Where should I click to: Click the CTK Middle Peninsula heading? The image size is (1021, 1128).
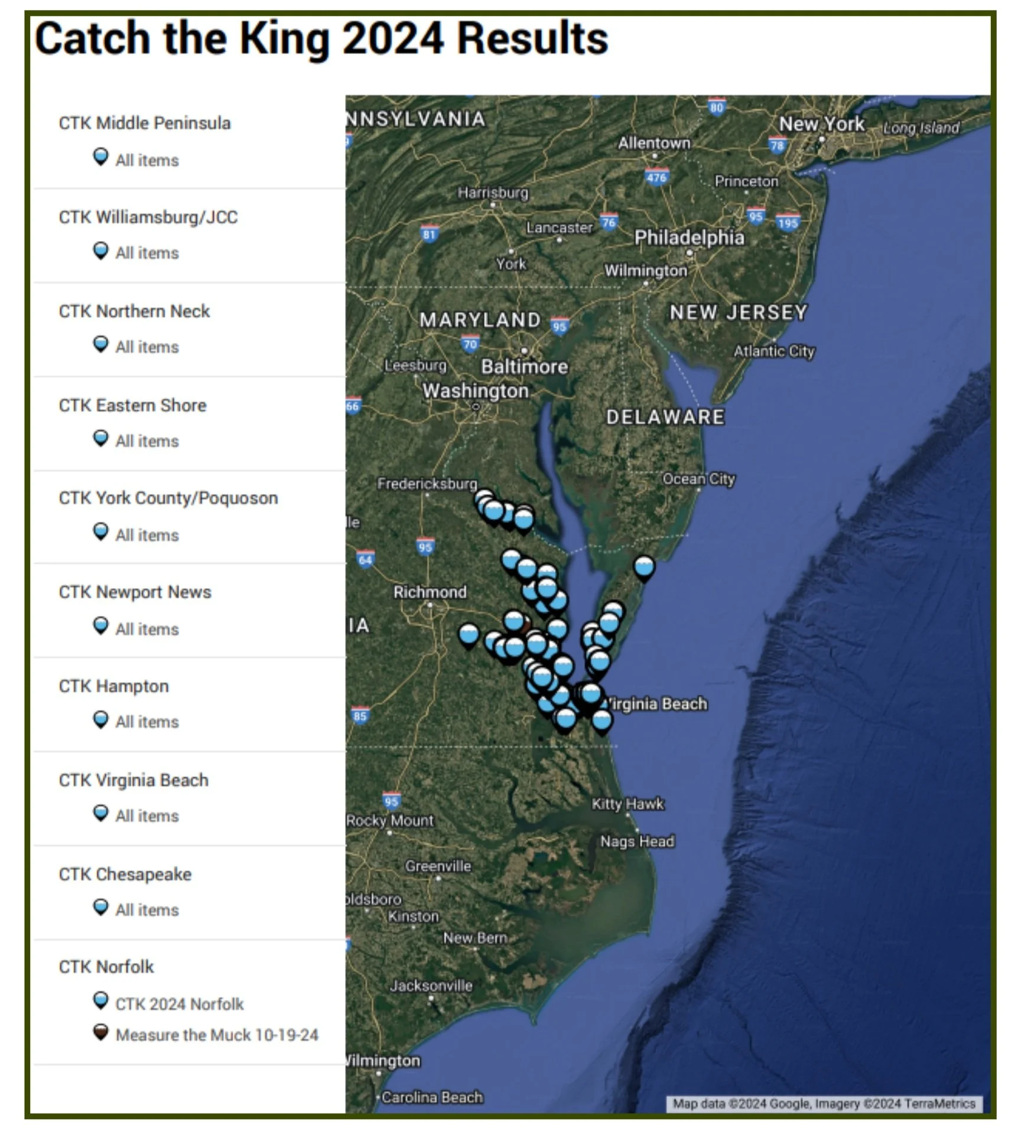[x=144, y=123]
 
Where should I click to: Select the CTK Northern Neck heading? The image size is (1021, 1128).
[x=134, y=311]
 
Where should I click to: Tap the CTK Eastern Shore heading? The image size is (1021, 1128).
[x=132, y=405]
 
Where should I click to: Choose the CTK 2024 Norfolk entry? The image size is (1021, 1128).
[x=179, y=1004]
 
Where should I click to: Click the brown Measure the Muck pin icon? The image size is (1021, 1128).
[x=101, y=1032]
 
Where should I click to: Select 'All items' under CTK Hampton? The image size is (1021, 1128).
[x=147, y=722]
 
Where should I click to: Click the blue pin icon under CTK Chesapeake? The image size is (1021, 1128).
[x=101, y=907]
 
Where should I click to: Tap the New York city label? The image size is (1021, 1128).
[x=821, y=124]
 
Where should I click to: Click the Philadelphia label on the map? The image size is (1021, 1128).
[x=689, y=237]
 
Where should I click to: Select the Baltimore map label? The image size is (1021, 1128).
[x=524, y=367]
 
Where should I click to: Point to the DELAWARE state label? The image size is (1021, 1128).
[x=665, y=417]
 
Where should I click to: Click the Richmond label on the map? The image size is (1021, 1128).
[x=430, y=592]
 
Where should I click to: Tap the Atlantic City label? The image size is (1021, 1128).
[x=774, y=351]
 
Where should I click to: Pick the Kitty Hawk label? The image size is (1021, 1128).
[x=627, y=804]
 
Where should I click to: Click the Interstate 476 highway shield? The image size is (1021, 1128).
[x=656, y=177]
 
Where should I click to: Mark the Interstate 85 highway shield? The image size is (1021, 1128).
[x=360, y=716]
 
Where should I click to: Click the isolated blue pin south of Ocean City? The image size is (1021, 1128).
[x=644, y=567]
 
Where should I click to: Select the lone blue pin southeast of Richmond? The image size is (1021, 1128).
[x=469, y=635]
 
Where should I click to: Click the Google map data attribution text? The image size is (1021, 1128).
[x=824, y=1103]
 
